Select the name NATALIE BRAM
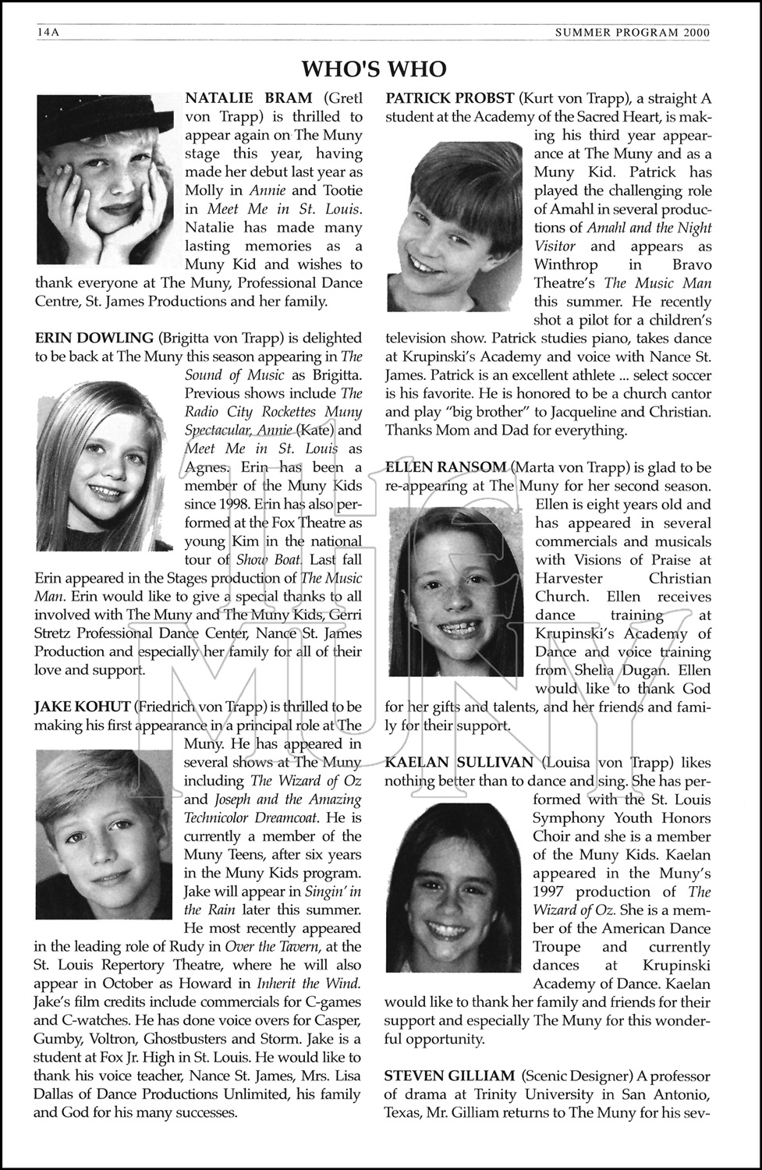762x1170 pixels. [248, 98]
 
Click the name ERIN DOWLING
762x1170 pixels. [94, 338]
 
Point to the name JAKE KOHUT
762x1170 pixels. [82, 707]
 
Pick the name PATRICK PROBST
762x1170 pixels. [450, 98]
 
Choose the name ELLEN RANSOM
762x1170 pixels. [446, 467]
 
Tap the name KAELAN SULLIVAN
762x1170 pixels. [459, 762]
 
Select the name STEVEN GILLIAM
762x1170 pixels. [449, 1076]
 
